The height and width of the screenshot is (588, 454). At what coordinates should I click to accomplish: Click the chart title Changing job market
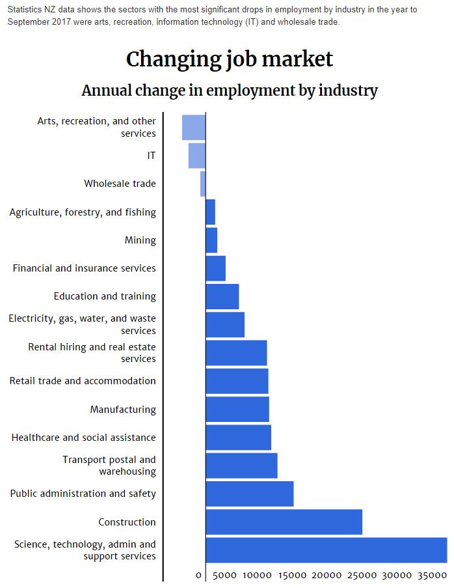pyautogui.click(x=229, y=59)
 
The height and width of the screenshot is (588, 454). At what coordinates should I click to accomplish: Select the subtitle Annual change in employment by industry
pyautogui.click(x=229, y=91)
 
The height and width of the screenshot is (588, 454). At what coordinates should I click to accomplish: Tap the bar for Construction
pyautogui.click(x=284, y=522)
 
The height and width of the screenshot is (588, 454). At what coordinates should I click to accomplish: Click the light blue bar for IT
pyautogui.click(x=197, y=156)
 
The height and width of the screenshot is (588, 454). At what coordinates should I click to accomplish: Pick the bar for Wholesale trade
pyautogui.click(x=203, y=184)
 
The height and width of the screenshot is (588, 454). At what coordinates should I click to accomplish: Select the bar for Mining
pyautogui.click(x=211, y=240)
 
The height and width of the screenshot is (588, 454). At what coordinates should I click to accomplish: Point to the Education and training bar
pyautogui.click(x=222, y=296)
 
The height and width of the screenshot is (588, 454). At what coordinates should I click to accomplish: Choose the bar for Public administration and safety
pyautogui.click(x=250, y=494)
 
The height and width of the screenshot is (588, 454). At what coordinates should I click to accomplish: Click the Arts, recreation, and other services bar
pyautogui.click(x=194, y=127)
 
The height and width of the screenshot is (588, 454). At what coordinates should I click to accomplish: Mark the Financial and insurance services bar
pyautogui.click(x=216, y=268)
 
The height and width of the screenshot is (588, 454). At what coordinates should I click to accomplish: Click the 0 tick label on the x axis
pyautogui.click(x=199, y=576)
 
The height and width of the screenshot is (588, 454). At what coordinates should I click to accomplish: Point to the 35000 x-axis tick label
pyautogui.click(x=431, y=576)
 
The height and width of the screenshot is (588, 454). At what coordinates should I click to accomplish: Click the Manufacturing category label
pyautogui.click(x=123, y=410)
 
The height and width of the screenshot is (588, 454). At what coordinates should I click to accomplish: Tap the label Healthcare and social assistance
pyautogui.click(x=83, y=438)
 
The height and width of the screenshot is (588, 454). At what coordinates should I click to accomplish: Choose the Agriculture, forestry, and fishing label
pyautogui.click(x=83, y=212)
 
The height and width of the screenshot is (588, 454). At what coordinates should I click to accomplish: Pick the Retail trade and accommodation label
pyautogui.click(x=83, y=381)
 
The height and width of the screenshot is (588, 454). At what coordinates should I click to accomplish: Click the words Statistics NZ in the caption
pyautogui.click(x=32, y=10)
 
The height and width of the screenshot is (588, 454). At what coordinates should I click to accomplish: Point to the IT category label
pyautogui.click(x=151, y=156)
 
